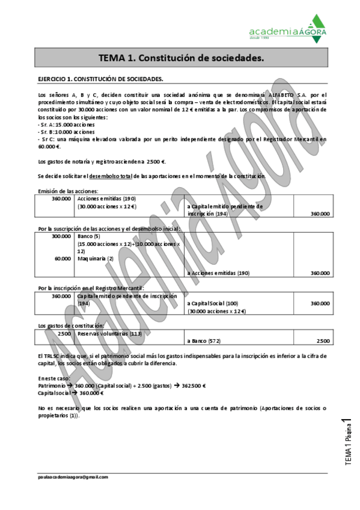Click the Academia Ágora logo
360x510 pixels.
click(288, 29)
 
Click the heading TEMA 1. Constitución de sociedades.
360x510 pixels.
click(181, 58)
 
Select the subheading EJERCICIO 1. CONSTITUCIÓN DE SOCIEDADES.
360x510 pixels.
click(100, 79)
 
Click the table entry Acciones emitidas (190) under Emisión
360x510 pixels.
click(100, 198)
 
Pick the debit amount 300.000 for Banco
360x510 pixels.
click(61, 236)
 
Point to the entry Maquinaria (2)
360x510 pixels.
click(96, 259)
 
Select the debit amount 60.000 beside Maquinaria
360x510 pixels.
click(63, 259)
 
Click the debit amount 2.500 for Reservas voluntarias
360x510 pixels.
click(64, 333)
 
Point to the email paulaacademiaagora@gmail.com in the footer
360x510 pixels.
click(73, 477)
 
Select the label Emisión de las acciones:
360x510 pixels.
click(67, 191)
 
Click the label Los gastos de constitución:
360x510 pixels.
click(71, 325)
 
